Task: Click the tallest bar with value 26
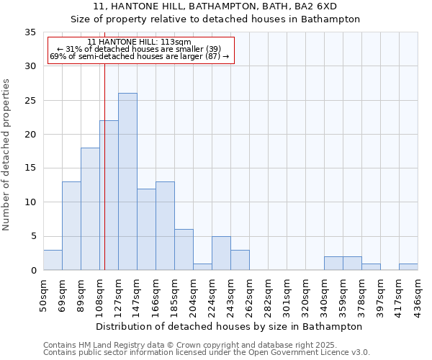(x=127, y=181)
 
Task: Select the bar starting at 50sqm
(x=53, y=260)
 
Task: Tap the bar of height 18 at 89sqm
(x=90, y=209)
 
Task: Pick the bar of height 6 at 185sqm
(x=184, y=250)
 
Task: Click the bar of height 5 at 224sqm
(x=221, y=253)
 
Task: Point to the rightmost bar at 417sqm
(x=408, y=267)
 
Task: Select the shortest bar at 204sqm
(x=202, y=267)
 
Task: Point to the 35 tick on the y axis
(x=30, y=32)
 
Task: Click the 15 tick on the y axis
(x=30, y=168)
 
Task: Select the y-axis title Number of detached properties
(x=7, y=155)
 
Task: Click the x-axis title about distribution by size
(x=229, y=326)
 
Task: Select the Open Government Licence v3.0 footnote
(x=206, y=352)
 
